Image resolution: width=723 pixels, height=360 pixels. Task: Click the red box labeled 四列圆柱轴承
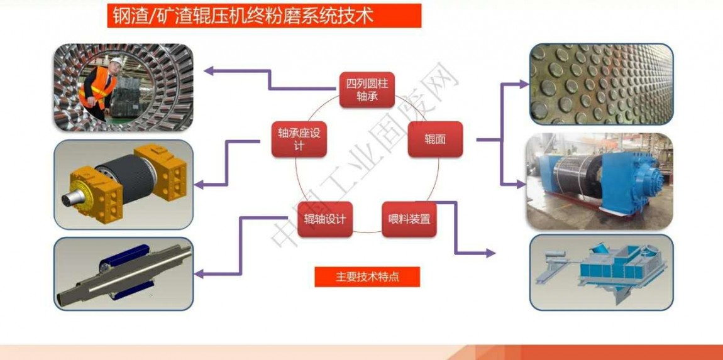click(x=367, y=89)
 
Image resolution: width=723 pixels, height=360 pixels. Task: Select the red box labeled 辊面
click(x=435, y=139)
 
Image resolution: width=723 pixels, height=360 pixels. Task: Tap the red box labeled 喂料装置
click(x=409, y=219)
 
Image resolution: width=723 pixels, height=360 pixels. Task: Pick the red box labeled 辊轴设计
click(x=324, y=219)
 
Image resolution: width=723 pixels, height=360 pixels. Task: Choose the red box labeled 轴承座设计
click(x=299, y=139)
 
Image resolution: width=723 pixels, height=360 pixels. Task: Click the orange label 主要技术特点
click(x=367, y=277)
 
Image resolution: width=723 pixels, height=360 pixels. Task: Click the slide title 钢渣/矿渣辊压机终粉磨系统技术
click(x=264, y=16)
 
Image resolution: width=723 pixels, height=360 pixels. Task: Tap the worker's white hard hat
click(x=116, y=62)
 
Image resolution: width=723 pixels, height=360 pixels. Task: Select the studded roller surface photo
click(x=601, y=84)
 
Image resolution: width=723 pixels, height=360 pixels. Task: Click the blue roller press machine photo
click(x=600, y=181)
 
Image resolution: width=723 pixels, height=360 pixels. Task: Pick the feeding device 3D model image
click(x=601, y=273)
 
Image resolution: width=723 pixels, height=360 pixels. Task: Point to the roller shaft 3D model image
click(x=124, y=274)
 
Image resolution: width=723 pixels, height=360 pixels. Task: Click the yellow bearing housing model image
click(x=124, y=184)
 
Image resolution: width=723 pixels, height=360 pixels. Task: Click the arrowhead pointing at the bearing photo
click(x=209, y=70)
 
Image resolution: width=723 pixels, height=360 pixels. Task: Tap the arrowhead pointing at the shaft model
click(x=199, y=274)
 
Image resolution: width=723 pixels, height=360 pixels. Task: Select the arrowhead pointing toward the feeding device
click(x=490, y=253)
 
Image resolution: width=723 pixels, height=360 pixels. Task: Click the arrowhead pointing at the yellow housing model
click(x=199, y=185)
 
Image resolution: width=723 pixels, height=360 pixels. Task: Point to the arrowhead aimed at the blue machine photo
click(x=521, y=184)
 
